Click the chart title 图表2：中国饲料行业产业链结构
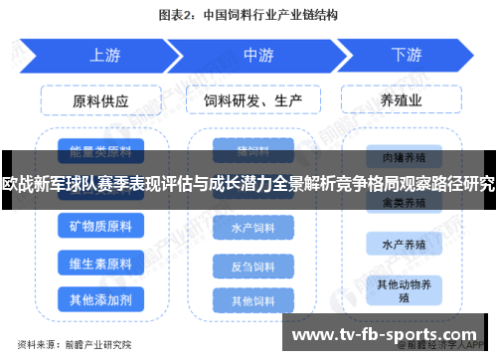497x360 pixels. (x=248, y=15)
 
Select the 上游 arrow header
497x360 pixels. (x=99, y=55)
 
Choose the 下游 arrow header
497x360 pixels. (x=406, y=55)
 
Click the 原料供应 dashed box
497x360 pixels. (x=99, y=99)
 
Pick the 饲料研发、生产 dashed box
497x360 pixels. (x=253, y=99)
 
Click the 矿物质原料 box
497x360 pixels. (x=99, y=227)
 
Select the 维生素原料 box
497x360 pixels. (x=99, y=264)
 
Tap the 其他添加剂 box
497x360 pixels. (x=99, y=298)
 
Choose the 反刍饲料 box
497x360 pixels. (x=253, y=267)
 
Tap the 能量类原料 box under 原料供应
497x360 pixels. (x=99, y=151)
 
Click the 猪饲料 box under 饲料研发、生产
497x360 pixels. (x=253, y=151)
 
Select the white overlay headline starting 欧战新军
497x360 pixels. (x=248, y=183)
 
